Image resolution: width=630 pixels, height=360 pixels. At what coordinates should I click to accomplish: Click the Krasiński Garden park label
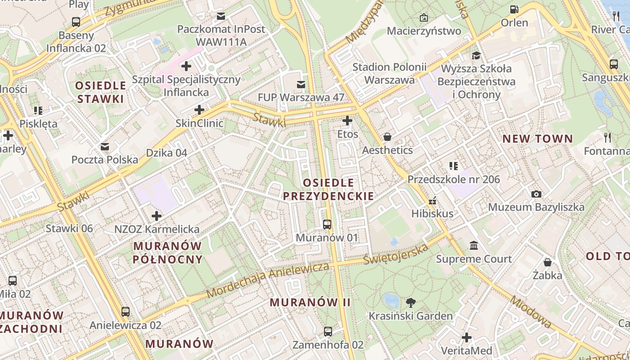[410, 316]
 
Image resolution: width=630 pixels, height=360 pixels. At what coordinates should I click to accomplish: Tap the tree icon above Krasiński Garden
[410, 302]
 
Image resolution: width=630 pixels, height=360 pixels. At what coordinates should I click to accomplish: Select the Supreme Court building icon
[474, 246]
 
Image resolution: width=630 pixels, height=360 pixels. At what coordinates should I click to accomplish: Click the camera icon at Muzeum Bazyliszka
[536, 194]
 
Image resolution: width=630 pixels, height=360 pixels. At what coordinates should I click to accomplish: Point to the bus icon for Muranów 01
[327, 224]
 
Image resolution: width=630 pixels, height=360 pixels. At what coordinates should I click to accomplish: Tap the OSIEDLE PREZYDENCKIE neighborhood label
[328, 189]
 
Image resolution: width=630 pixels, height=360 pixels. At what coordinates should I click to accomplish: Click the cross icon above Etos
[347, 121]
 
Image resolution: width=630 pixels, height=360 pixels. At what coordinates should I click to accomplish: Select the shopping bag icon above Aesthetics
[387, 137]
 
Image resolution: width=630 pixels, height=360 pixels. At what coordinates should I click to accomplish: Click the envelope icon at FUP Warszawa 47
[301, 84]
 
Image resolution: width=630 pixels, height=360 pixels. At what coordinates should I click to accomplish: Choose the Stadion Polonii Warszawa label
[389, 73]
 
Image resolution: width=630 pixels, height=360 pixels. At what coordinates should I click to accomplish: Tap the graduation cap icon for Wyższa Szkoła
[476, 55]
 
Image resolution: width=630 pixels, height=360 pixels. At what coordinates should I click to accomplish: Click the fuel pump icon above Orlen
[514, 9]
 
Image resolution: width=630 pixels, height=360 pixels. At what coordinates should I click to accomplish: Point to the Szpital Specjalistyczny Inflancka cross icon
[186, 67]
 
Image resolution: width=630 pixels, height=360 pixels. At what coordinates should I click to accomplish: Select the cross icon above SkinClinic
[199, 110]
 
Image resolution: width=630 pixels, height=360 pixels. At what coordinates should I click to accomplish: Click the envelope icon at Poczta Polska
[105, 146]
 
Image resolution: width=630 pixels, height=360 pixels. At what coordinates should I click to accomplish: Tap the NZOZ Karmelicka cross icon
[157, 216]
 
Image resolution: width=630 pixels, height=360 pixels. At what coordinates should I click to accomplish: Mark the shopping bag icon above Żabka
[548, 262]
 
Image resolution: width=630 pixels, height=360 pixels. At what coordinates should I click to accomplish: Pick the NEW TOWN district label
[537, 139]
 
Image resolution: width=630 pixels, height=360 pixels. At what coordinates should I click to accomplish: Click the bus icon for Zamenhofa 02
[328, 332]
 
